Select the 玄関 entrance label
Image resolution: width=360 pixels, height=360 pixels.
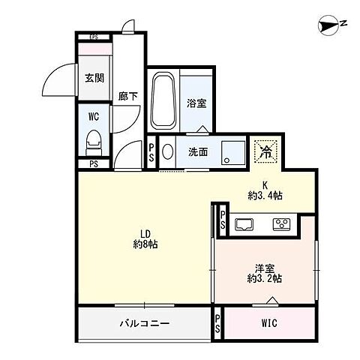click(94, 77)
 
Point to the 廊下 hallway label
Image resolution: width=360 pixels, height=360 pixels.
click(126, 96)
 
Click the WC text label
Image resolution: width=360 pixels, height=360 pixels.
click(94, 116)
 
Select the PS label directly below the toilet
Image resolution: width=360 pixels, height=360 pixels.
click(94, 164)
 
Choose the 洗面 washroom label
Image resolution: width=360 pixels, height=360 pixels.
click(198, 152)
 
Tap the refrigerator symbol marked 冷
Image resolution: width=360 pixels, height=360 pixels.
click(265, 151)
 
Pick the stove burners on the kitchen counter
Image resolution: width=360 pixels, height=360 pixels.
click(281, 223)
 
